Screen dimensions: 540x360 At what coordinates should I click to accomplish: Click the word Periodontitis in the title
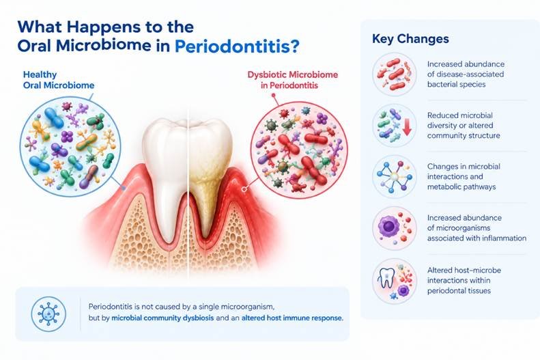click(232, 47)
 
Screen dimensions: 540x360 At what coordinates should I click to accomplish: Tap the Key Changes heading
click(410, 38)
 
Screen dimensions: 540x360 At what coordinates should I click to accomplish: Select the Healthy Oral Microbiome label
click(59, 80)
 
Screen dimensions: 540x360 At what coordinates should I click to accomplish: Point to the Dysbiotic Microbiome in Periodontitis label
click(292, 80)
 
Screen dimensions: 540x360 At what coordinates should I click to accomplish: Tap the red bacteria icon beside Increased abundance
click(395, 74)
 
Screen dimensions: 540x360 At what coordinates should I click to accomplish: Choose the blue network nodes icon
click(395, 177)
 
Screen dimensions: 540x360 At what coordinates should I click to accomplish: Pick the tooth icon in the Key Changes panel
click(386, 277)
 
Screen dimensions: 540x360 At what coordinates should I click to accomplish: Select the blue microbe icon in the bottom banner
click(48, 314)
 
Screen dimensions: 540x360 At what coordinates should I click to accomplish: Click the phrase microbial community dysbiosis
click(162, 318)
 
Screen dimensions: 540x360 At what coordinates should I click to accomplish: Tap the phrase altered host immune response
click(292, 318)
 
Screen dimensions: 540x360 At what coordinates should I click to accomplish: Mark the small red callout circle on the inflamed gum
click(244, 189)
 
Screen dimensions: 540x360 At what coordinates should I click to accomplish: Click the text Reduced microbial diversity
click(460, 120)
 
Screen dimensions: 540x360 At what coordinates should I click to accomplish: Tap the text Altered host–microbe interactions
click(464, 275)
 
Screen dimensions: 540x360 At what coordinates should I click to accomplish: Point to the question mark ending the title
click(294, 47)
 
